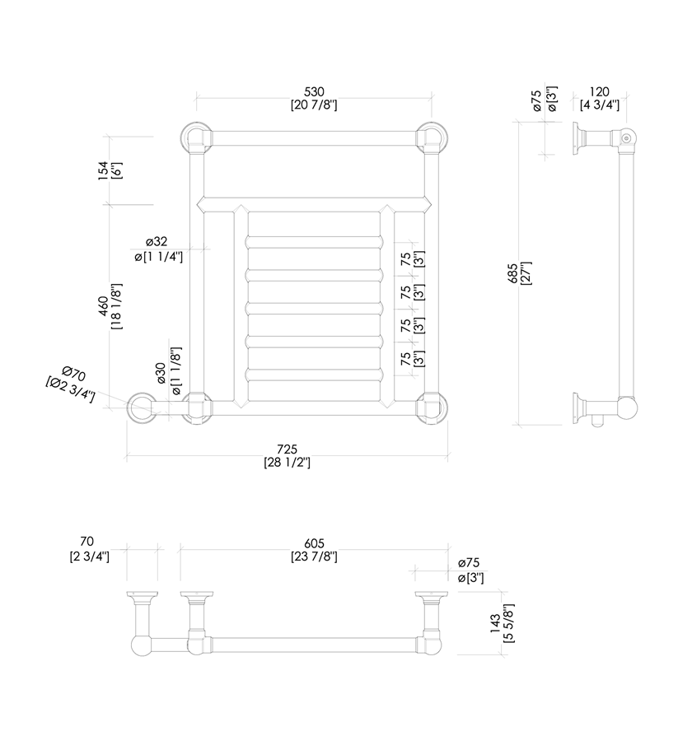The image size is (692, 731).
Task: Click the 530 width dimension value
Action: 314,91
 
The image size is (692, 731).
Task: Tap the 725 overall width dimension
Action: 286,449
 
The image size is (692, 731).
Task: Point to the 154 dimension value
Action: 103,170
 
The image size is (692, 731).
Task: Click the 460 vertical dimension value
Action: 103,305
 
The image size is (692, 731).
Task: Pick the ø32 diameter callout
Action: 157,241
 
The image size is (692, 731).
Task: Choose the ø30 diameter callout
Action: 161,373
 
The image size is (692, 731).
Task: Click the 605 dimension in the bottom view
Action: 314,543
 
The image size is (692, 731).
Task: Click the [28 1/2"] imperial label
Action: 286,463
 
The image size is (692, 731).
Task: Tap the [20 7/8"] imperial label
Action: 314,105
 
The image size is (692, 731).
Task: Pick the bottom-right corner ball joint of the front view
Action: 431,407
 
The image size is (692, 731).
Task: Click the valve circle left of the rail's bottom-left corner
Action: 142,407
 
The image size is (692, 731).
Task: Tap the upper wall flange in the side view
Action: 579,137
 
